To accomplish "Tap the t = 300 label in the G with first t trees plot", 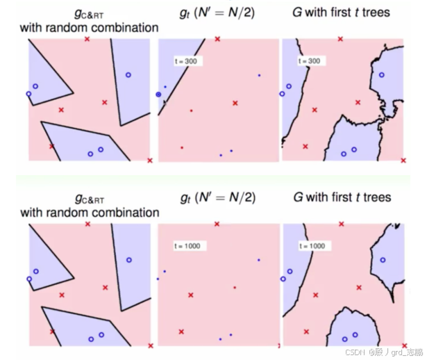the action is coord(309,61).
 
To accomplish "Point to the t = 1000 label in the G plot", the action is coord(311,245).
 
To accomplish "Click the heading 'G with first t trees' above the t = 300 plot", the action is coord(341,13).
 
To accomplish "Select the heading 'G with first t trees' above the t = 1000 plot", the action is coord(341,197).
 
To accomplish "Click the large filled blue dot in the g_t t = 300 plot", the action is coord(158,93).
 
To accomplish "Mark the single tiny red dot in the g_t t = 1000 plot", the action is coord(235,287).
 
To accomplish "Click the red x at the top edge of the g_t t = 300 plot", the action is coord(218,39).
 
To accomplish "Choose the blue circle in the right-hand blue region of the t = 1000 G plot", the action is coord(382,260).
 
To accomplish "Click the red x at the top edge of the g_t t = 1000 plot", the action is coord(217,224).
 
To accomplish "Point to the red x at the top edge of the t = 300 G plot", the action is coord(340,39).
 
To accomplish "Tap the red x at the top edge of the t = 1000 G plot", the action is coord(340,224).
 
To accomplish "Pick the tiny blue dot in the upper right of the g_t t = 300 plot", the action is coord(259,75).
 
